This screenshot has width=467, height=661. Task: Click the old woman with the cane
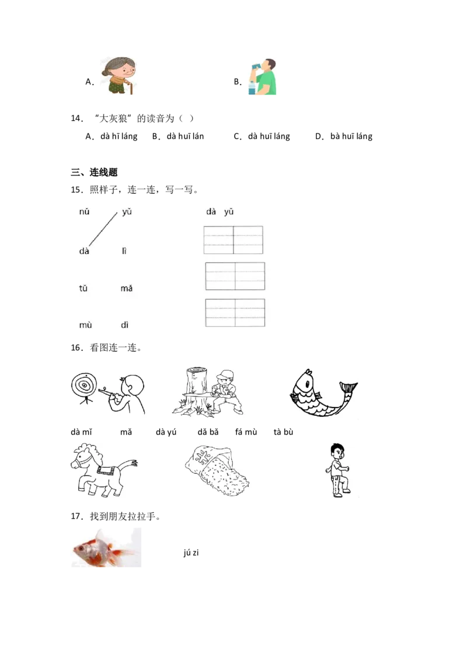pos(119,76)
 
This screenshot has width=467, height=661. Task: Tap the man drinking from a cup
pos(264,76)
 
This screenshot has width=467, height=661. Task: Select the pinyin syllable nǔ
pos(84,212)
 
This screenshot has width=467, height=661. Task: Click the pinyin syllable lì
pos(124,251)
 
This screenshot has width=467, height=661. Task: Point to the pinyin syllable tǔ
pos(83,288)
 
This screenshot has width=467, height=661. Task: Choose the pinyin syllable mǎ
pos(126,288)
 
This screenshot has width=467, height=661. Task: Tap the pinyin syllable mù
pos(85,325)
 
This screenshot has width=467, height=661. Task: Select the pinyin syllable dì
pos(124,325)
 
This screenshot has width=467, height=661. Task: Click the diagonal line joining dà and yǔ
pos(103,228)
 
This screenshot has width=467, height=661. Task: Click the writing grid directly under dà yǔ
pos(233,240)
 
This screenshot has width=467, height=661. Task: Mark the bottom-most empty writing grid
pos(235,312)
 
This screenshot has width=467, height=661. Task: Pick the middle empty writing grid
pos(235,276)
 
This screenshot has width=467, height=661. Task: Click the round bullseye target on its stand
pos(82,386)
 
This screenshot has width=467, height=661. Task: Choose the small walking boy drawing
pos(337,470)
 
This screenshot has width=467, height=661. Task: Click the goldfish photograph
pos(107,547)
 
